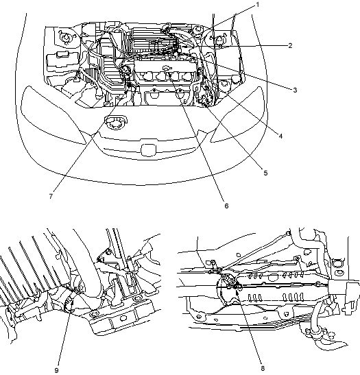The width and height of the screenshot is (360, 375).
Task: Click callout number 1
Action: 258,5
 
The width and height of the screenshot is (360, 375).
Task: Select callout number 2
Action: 290,45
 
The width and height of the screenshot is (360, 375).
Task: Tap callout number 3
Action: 295,90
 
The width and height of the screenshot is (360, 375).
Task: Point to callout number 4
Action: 280,136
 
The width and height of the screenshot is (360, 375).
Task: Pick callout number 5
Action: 265,173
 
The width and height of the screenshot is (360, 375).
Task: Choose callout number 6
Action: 226,206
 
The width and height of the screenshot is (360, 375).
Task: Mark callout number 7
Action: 51,196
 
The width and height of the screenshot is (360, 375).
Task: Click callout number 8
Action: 263,369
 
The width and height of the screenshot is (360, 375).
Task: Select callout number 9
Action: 57,370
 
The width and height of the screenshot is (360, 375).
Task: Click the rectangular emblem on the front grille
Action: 148,150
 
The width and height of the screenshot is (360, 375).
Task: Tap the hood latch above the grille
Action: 116,122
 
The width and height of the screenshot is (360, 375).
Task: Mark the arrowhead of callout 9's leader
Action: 71,299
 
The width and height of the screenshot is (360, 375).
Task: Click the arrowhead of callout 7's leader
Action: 125,93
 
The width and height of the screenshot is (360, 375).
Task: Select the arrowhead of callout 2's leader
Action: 184,47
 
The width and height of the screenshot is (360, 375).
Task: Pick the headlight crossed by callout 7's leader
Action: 53,114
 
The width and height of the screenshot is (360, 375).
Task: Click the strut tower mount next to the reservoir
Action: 66,37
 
